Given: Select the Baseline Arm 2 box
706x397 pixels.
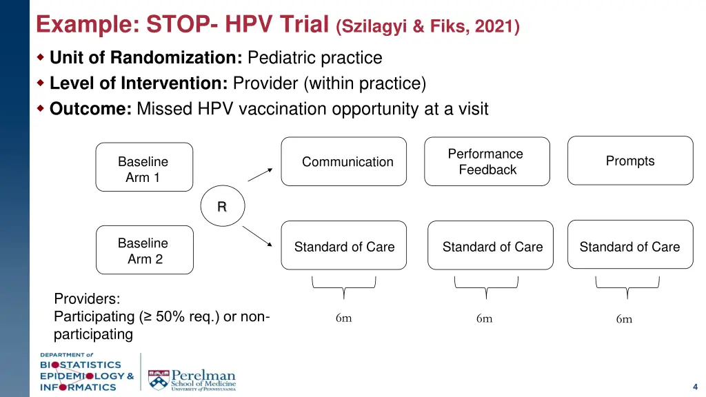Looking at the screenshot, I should (x=144, y=250).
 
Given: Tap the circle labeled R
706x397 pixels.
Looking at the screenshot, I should (x=222, y=206).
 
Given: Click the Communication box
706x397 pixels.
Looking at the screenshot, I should (x=343, y=162).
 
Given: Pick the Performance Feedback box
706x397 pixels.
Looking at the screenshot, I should (x=487, y=162).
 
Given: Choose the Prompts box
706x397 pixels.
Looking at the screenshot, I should (x=629, y=161).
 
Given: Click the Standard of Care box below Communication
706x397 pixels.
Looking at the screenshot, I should (x=343, y=246).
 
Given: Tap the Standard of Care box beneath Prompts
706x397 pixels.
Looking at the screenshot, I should (x=629, y=245).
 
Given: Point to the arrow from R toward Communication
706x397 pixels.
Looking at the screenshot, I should (x=261, y=174).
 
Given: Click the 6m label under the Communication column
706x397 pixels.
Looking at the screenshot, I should (x=343, y=318).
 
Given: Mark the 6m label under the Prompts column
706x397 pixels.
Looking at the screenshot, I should (x=624, y=318).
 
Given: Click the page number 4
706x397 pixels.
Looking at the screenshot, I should (x=695, y=386).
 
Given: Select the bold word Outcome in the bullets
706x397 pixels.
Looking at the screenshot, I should (x=90, y=109).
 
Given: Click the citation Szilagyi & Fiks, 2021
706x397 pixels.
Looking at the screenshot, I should (x=427, y=27).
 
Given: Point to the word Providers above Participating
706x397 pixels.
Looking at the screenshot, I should (x=87, y=298).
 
